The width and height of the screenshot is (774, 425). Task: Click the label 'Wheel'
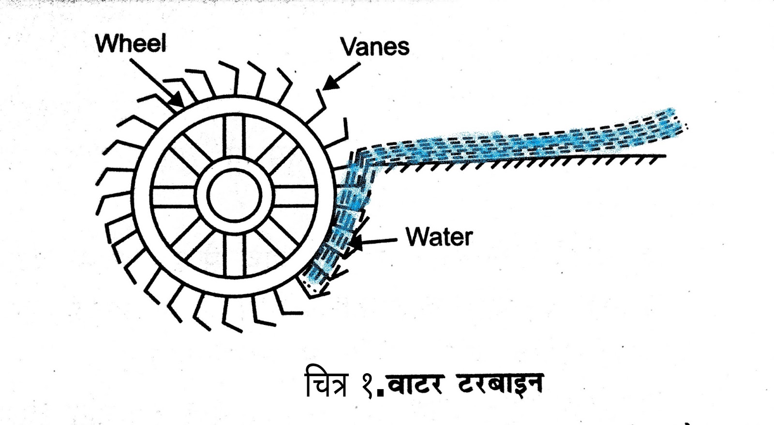tap(131, 44)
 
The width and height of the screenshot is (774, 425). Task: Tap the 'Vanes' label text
tap(375, 47)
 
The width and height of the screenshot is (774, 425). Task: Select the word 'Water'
tap(439, 237)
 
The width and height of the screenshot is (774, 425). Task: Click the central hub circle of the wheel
tap(234, 196)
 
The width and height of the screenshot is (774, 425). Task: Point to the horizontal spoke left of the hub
tap(174, 196)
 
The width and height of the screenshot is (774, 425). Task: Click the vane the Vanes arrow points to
tap(320, 104)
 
